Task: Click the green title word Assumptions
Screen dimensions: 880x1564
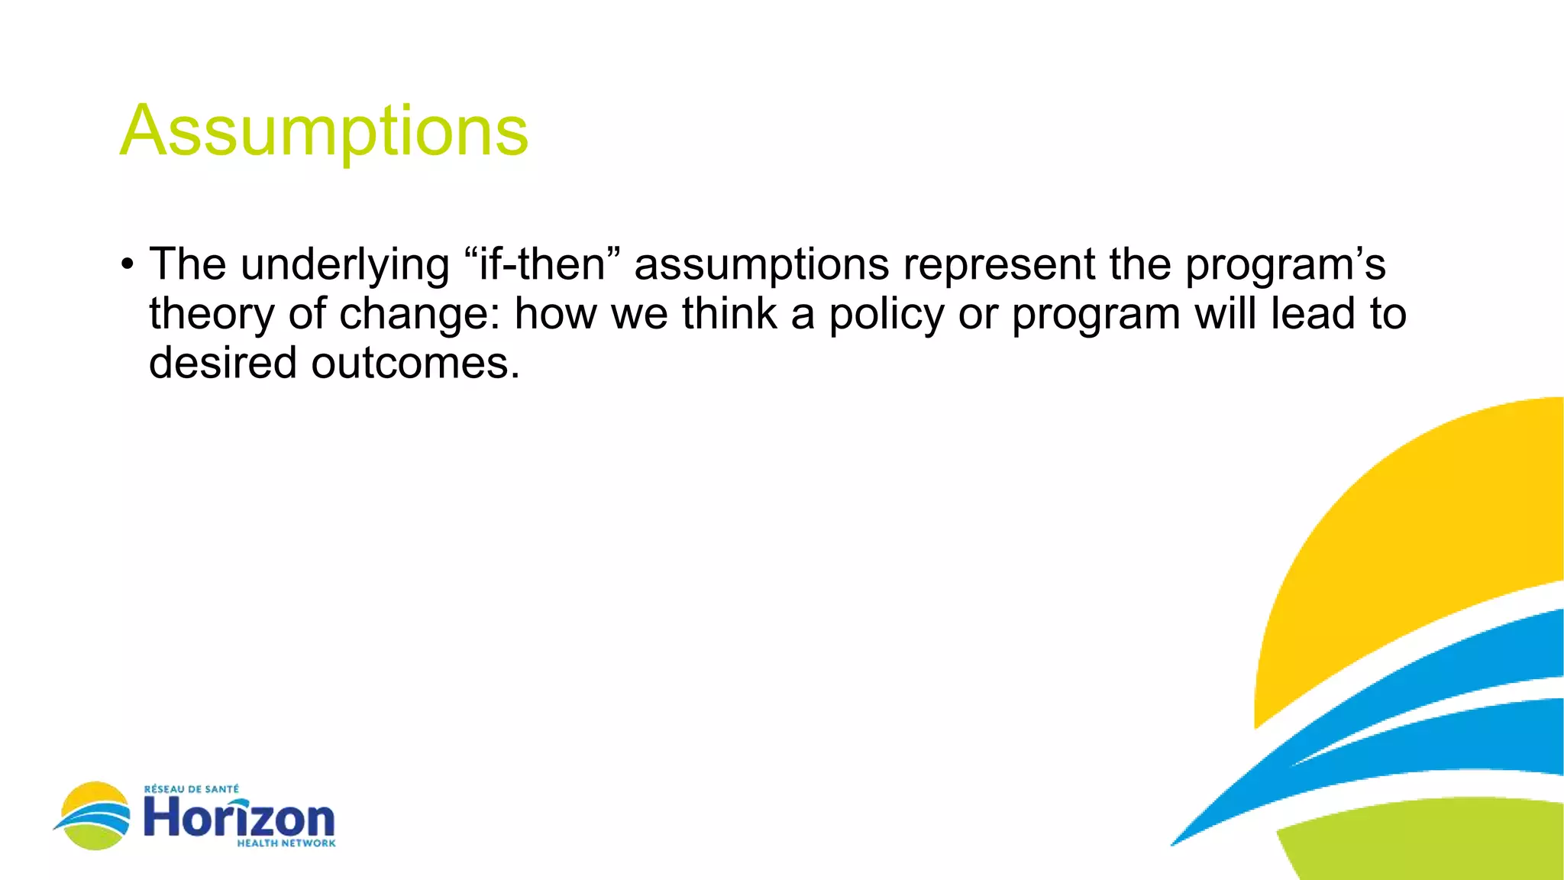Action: click(x=324, y=131)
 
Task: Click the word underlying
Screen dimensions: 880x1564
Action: click(x=344, y=266)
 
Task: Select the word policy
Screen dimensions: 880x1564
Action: click(x=887, y=315)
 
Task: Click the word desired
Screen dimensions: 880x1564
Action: click(x=222, y=363)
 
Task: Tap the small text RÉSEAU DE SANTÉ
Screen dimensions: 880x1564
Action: click(x=192, y=789)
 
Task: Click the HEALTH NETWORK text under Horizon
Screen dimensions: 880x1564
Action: click(x=286, y=843)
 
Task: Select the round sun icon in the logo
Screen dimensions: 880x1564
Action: click(x=94, y=815)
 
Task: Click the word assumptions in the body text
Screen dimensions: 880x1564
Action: click(x=761, y=266)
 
